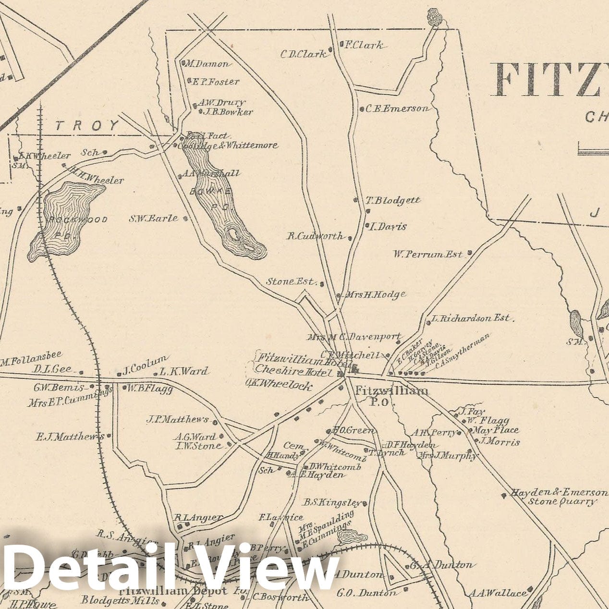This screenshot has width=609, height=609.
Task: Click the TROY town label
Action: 87,126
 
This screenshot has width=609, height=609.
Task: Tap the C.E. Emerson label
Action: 397,109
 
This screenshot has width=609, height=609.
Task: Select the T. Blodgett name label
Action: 393,200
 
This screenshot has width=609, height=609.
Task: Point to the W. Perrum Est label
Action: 428,254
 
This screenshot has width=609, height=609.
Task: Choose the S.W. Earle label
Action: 153,219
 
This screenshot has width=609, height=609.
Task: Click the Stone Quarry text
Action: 562,502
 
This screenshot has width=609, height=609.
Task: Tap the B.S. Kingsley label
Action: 331,503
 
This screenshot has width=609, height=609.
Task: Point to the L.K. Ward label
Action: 184,371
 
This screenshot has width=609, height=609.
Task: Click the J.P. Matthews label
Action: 178,420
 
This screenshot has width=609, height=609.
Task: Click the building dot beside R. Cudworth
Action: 350,238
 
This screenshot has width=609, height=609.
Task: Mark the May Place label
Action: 497,430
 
